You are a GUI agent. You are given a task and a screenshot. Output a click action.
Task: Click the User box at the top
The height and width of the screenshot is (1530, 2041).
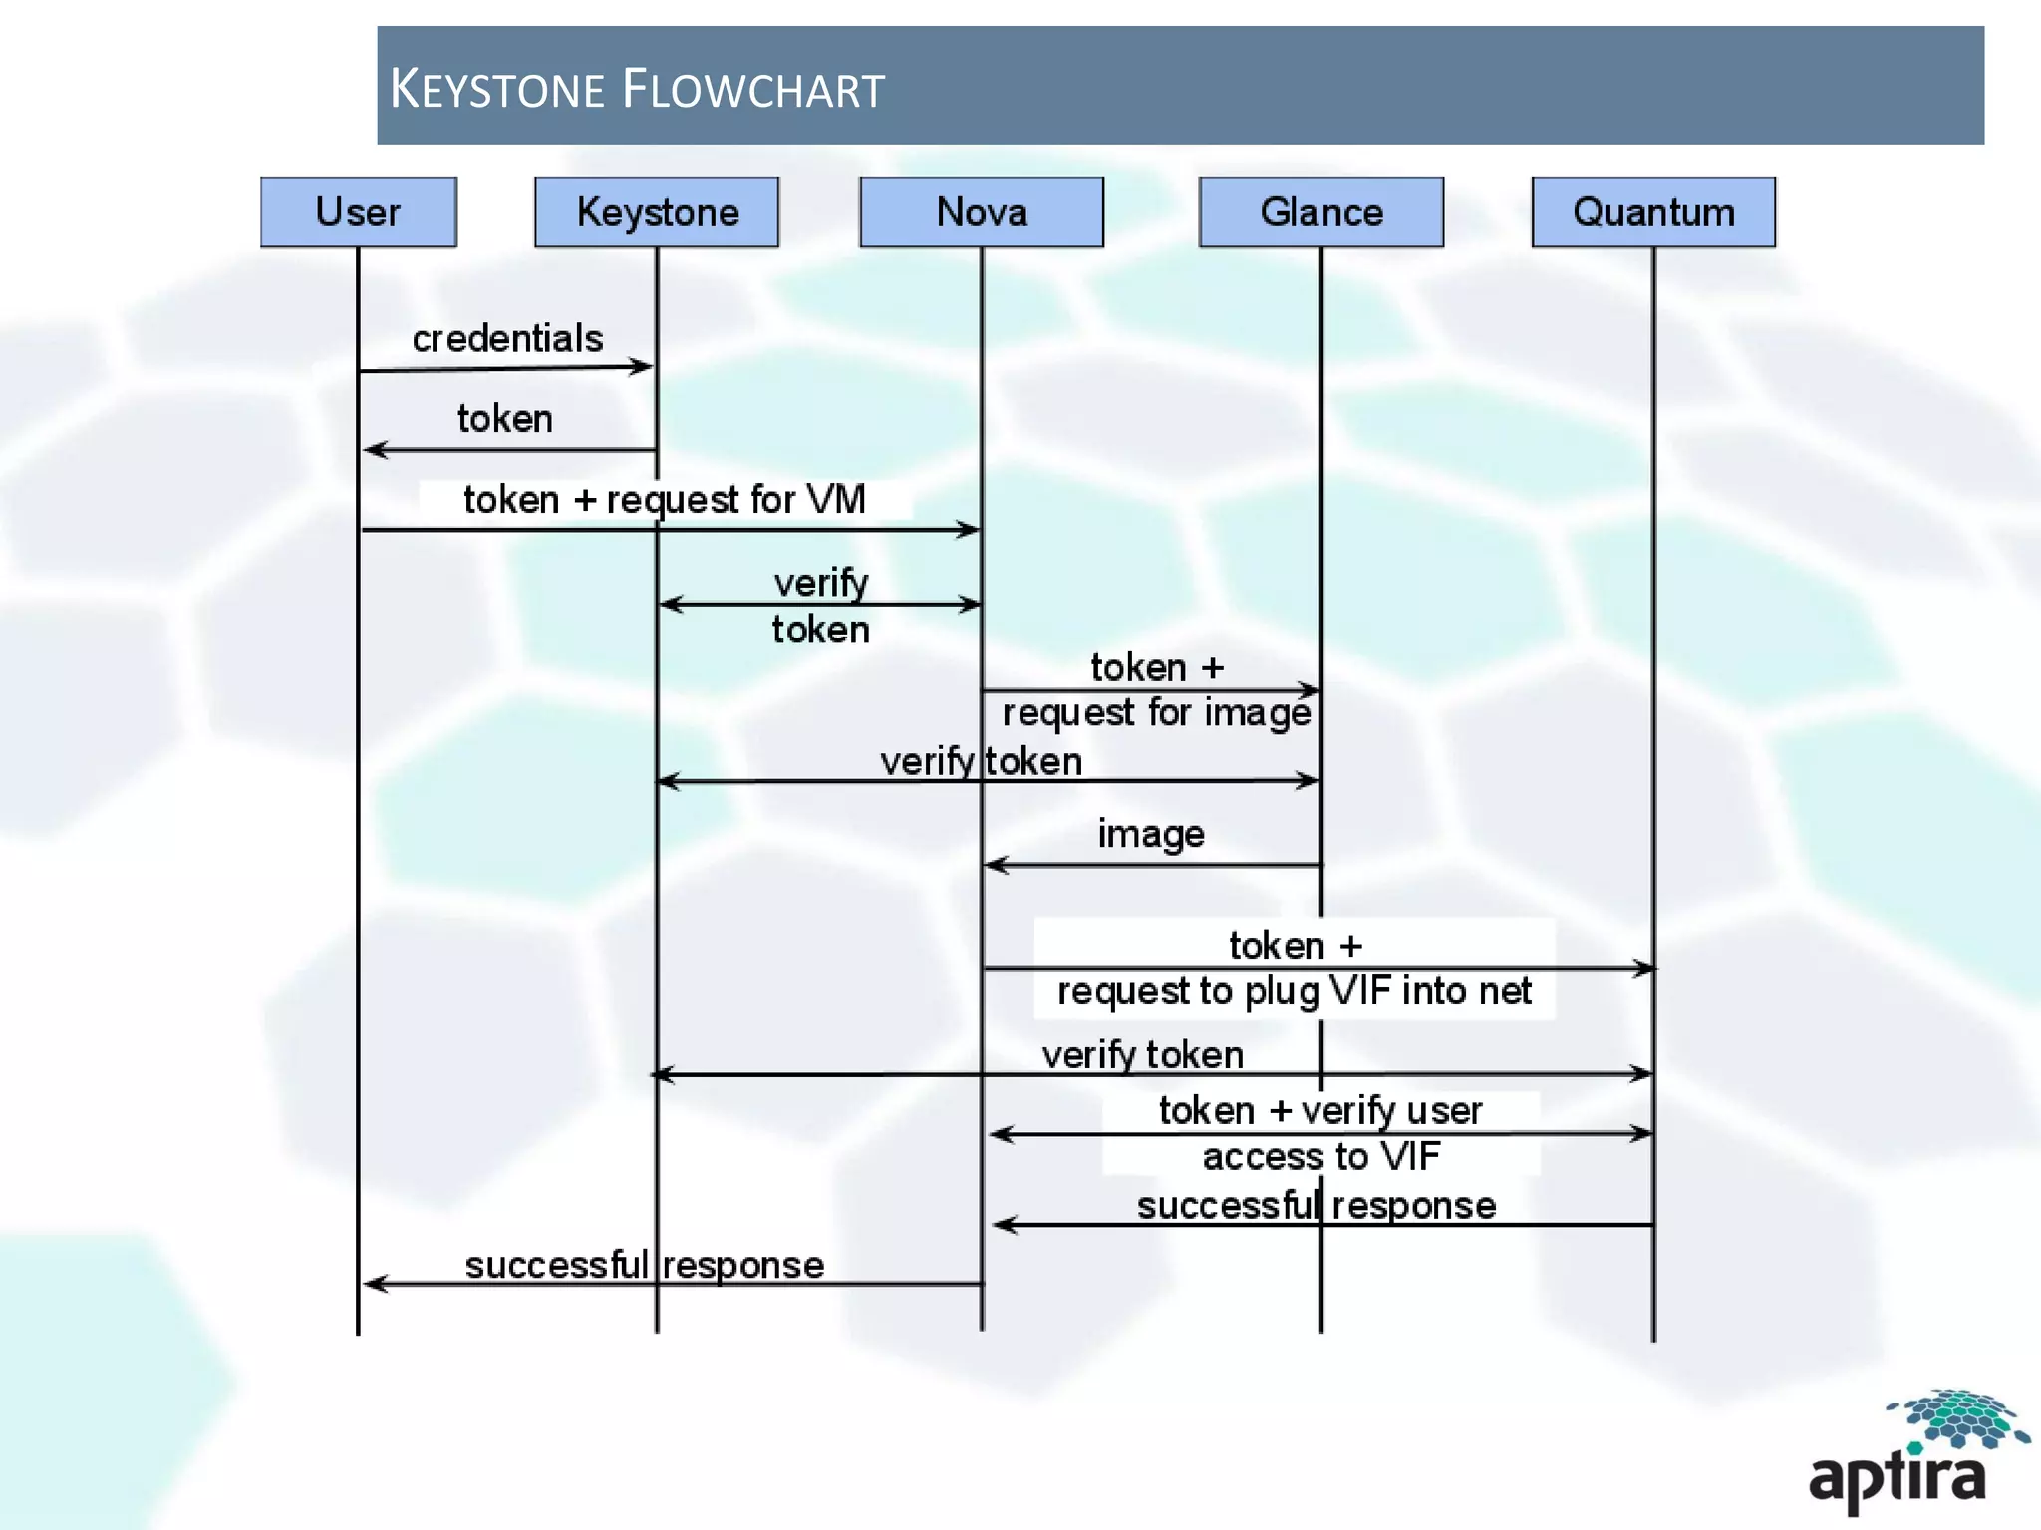coord(358,212)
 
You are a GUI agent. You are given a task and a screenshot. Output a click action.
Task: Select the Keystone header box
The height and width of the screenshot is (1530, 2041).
coord(657,212)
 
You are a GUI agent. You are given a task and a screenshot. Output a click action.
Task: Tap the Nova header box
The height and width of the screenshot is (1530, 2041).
coord(982,212)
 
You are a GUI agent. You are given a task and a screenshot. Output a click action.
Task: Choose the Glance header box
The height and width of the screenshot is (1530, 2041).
coord(1320,212)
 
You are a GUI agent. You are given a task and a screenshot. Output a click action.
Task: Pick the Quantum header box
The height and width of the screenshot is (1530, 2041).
coord(1653,212)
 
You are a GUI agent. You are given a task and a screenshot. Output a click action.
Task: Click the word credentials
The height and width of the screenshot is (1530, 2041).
coord(507,339)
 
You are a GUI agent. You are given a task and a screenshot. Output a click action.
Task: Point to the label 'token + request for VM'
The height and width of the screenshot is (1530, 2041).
coord(665,499)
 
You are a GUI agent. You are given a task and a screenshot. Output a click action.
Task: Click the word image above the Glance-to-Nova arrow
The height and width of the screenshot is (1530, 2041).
coord(1151,834)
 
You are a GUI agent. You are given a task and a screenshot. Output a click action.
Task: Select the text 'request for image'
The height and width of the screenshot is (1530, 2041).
coord(1156,713)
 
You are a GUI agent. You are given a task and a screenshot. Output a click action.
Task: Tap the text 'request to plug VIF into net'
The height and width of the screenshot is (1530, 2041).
coord(1294,991)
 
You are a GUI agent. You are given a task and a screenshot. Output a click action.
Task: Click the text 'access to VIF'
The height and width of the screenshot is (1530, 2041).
coord(1320,1156)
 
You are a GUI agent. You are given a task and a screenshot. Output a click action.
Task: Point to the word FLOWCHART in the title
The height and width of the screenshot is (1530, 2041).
coord(753,89)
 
